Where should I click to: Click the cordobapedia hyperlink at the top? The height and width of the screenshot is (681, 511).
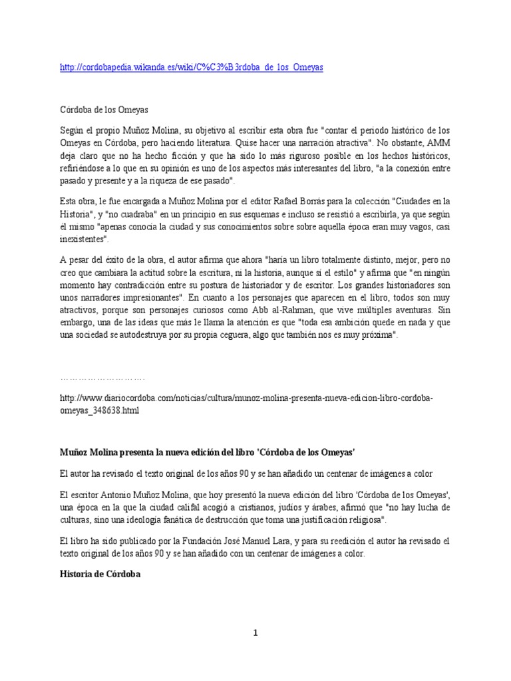[x=192, y=68]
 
